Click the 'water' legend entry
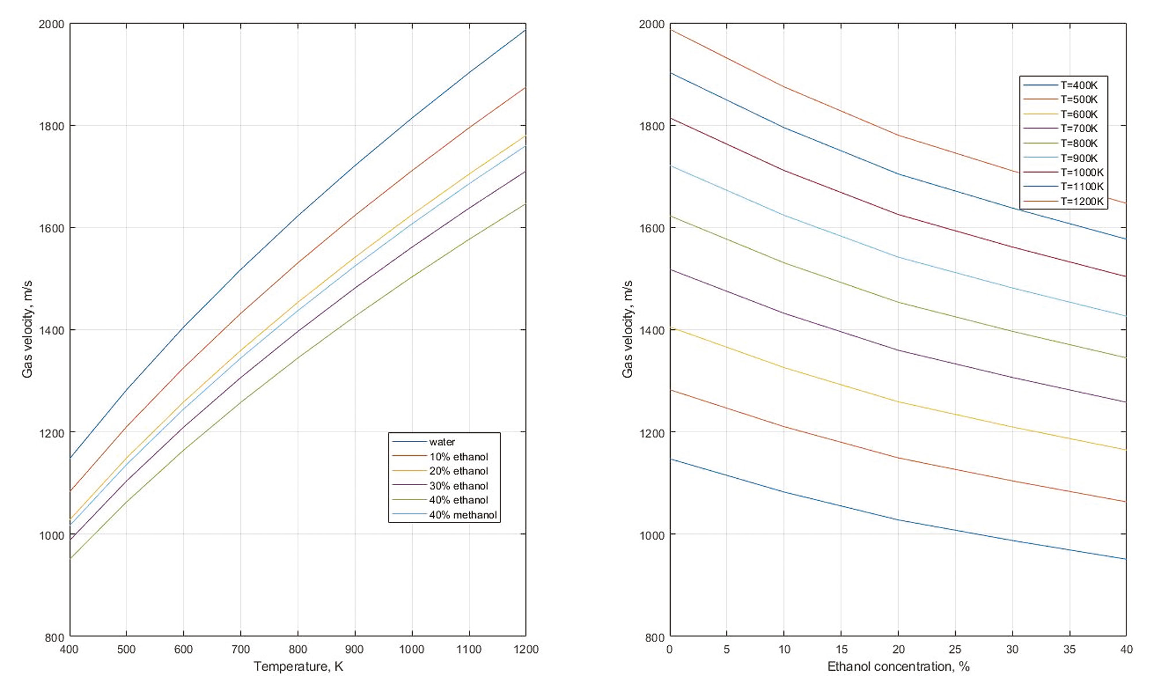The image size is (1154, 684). point(442,442)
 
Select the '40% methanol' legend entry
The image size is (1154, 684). point(463,515)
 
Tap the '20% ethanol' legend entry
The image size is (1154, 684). point(459,471)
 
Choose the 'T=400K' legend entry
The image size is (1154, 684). point(1079,85)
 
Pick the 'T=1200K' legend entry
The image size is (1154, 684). point(1082,202)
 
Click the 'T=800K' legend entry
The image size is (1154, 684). point(1079,143)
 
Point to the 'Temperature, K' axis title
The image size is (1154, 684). point(298,667)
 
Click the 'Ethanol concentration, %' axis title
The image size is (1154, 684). point(898,667)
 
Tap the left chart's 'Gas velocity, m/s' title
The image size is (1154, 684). point(27,329)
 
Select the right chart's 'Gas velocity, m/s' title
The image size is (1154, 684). point(628,329)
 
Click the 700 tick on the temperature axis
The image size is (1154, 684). point(240,650)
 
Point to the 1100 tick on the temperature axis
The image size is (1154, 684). point(469,650)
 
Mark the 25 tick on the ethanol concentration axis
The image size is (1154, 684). point(955,650)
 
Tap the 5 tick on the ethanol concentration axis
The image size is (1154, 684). point(726,650)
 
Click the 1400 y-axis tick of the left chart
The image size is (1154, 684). point(52,331)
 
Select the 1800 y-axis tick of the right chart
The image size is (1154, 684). point(652,126)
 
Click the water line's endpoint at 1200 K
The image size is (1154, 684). point(525,30)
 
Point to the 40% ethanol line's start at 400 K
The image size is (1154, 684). point(70,558)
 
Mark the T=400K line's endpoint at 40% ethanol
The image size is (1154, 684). point(1126,559)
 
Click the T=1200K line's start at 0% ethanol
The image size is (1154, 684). point(671,30)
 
